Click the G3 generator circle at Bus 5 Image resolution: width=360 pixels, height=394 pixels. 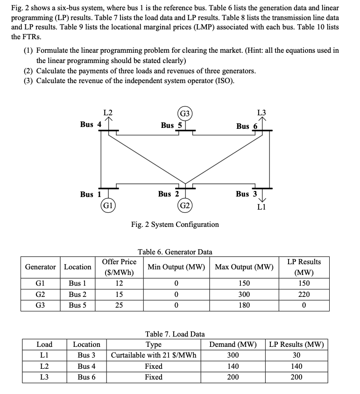pos(185,113)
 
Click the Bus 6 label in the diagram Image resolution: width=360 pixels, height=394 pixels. pos(247,126)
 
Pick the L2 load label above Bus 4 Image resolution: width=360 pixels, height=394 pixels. pos(107,112)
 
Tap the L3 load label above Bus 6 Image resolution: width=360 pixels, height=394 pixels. pos(262,112)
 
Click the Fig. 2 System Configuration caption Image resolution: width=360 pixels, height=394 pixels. pos(175,224)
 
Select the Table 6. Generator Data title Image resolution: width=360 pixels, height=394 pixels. pos(175,252)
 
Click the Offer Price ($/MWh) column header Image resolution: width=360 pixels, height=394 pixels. pos(119,267)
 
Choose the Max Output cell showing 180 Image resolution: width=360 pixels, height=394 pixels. pos(244,305)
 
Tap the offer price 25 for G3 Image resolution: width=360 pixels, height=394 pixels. pos(119,305)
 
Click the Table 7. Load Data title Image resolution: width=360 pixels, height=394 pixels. pos(175,334)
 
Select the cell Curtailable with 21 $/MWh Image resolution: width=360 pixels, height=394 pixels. pos(154,355)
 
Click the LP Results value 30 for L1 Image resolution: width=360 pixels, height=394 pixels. pos(296,355)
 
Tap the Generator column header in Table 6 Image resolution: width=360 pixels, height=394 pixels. pos(40,267)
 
